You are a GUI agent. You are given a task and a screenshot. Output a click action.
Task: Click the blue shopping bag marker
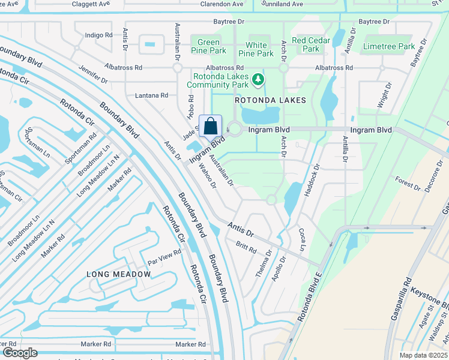(x=211, y=127)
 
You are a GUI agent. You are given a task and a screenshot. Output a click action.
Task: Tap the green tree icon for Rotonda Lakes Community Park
(x=258, y=79)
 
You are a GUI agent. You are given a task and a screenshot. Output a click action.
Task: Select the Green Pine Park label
(x=208, y=47)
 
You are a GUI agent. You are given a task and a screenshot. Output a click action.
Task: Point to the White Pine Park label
(x=256, y=49)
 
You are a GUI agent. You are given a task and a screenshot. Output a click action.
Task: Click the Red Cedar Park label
(x=307, y=44)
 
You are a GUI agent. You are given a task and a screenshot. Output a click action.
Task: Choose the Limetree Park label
(x=389, y=46)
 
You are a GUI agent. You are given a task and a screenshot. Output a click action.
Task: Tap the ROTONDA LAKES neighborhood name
(x=270, y=100)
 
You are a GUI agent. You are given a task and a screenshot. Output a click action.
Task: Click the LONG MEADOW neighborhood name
(x=119, y=274)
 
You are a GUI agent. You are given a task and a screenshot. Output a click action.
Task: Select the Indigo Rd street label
(x=99, y=35)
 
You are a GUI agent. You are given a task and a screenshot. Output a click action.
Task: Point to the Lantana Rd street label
(x=151, y=95)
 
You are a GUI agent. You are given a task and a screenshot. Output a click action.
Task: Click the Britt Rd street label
(x=246, y=246)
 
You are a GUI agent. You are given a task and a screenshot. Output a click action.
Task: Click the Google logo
(x=20, y=353)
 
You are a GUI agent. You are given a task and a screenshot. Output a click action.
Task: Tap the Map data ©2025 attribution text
(x=423, y=355)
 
